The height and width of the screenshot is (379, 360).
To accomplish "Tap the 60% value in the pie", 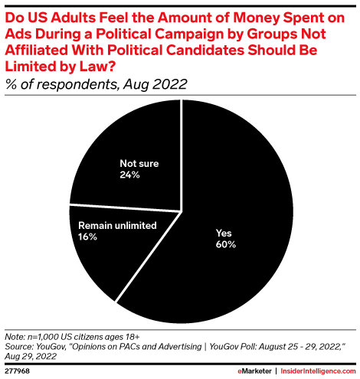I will (x=226, y=245).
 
